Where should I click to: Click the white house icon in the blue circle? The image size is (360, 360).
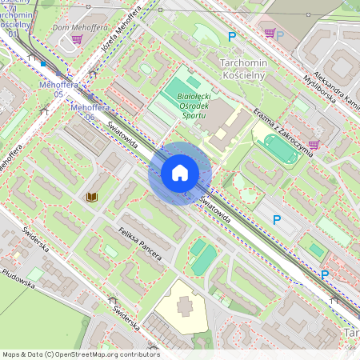pyautogui.click(x=180, y=173)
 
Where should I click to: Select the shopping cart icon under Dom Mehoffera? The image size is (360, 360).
pyautogui.click(x=77, y=38)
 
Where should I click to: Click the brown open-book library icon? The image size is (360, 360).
pyautogui.click(x=91, y=196)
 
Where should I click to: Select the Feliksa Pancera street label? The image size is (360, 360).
pyautogui.click(x=139, y=244)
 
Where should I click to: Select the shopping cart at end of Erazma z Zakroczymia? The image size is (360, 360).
pyautogui.click(x=314, y=144)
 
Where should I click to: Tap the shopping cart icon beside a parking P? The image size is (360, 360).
pyautogui.click(x=270, y=34)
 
